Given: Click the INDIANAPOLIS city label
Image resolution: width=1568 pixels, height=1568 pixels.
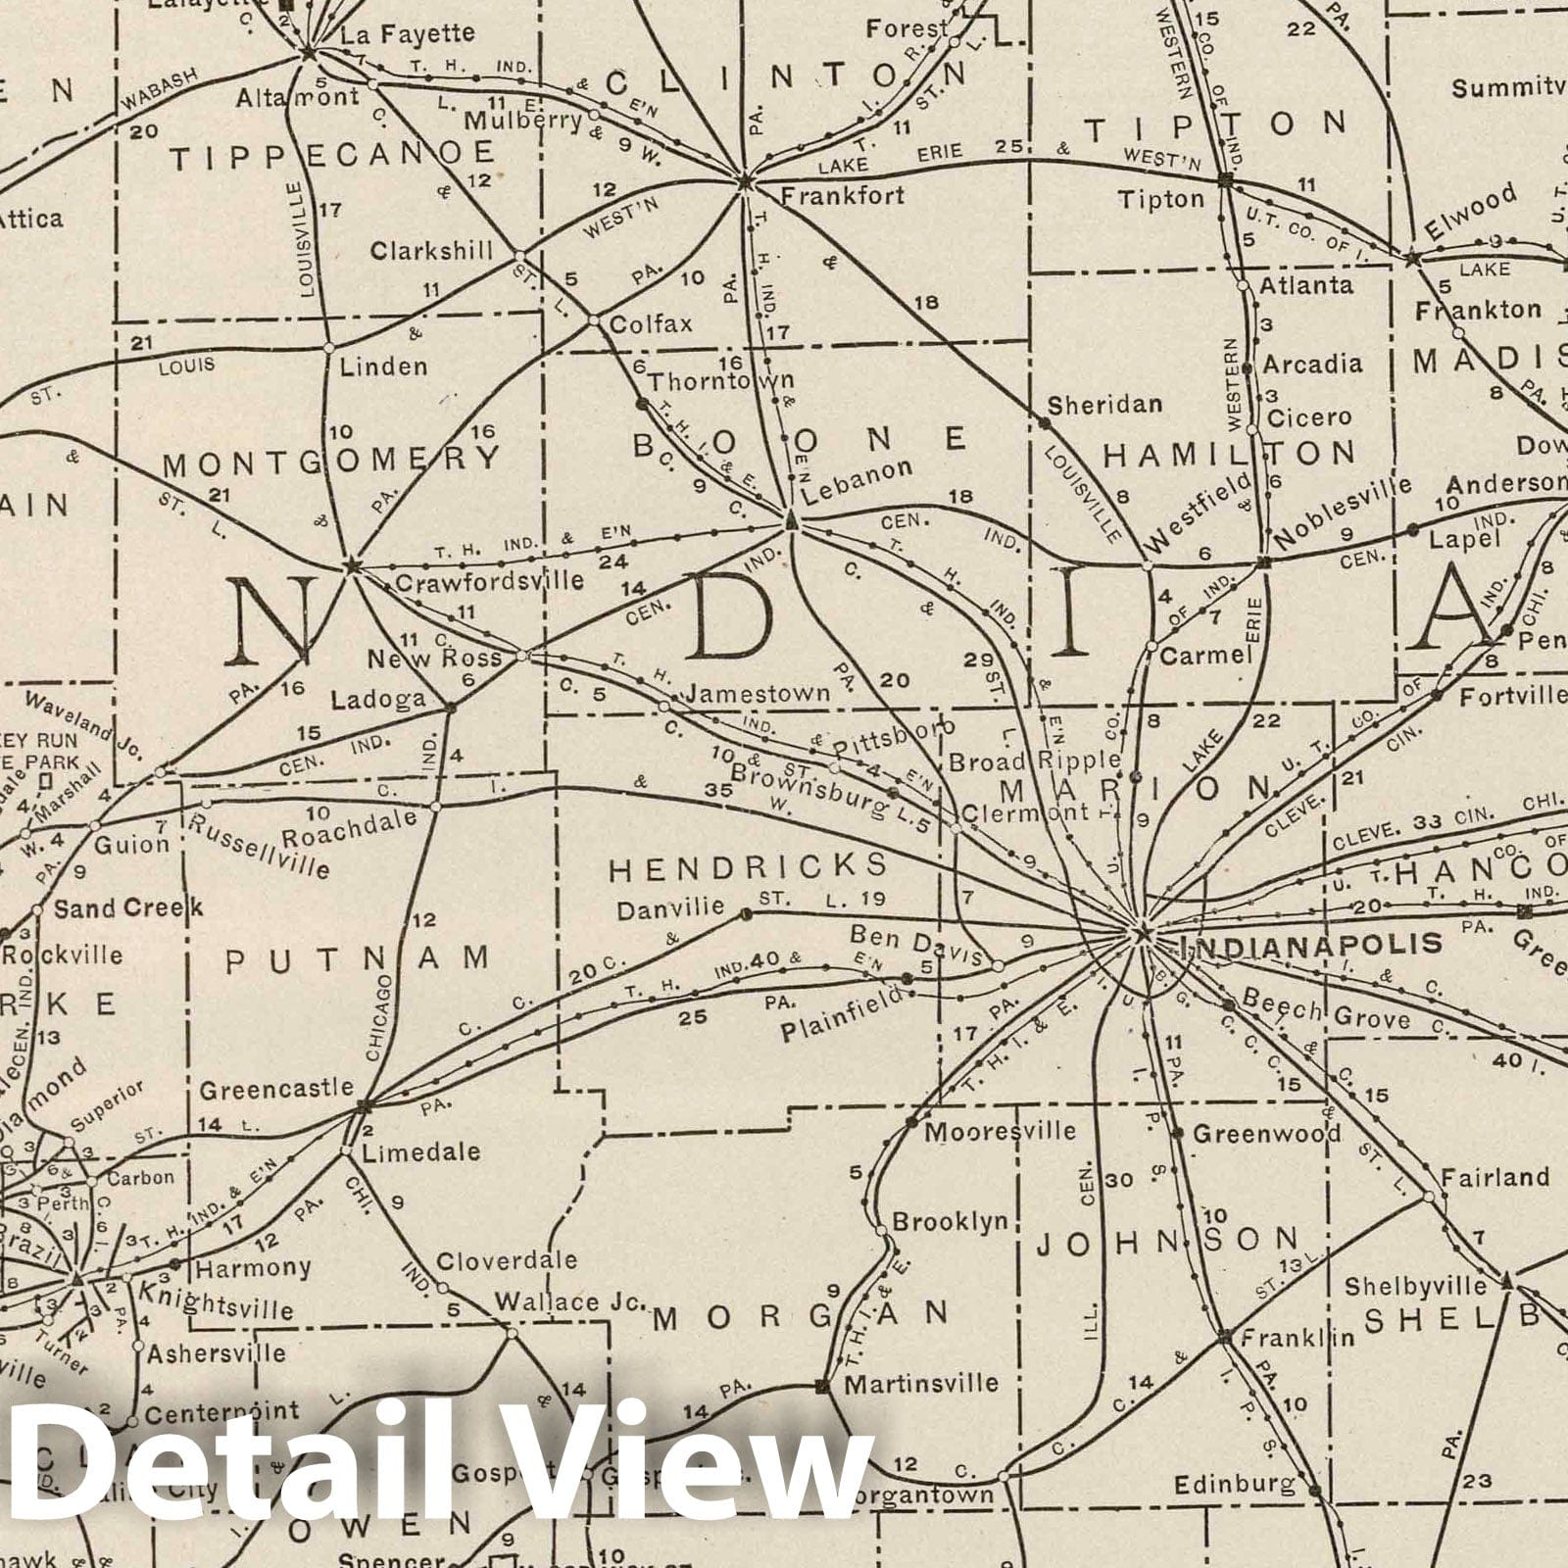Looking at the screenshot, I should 1312,945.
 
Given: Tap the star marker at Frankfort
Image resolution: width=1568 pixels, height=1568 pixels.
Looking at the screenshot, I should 744,180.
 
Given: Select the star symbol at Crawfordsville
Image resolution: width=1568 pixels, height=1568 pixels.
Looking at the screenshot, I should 351,565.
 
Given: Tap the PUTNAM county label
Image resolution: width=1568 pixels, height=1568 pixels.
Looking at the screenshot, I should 357,958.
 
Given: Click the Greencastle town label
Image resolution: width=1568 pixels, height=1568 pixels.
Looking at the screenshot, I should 276,1089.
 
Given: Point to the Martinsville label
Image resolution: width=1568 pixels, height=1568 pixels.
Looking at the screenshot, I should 921,1384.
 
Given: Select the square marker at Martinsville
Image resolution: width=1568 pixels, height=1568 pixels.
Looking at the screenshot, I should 822,1386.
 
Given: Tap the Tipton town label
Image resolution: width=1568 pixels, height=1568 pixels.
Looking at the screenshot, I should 1161,199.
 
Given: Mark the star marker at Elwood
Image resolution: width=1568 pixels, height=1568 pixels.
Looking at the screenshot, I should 1412,259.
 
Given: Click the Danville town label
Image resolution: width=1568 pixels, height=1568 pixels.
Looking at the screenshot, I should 671,910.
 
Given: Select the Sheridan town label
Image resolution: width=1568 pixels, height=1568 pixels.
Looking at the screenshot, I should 1104,404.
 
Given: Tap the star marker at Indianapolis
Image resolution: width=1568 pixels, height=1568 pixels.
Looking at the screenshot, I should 1141,934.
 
